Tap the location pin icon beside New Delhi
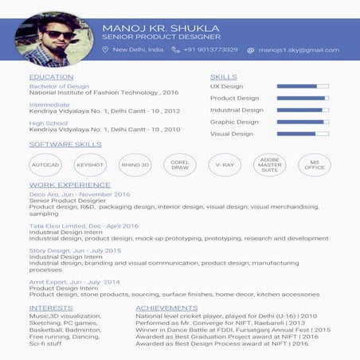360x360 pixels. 105,49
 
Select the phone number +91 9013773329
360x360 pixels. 210,49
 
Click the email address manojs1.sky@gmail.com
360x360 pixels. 299,49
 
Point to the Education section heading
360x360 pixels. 51,77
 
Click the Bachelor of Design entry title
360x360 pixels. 59,86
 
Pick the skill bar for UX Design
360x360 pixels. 302,86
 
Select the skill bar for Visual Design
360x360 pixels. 302,134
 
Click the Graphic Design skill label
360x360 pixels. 234,122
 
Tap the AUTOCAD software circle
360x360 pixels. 45,165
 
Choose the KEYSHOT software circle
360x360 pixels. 89,165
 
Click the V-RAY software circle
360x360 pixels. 225,165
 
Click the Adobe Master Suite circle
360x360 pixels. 269,165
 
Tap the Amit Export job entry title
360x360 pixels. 74,282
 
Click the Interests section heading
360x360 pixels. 51,307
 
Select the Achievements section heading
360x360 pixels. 166,307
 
